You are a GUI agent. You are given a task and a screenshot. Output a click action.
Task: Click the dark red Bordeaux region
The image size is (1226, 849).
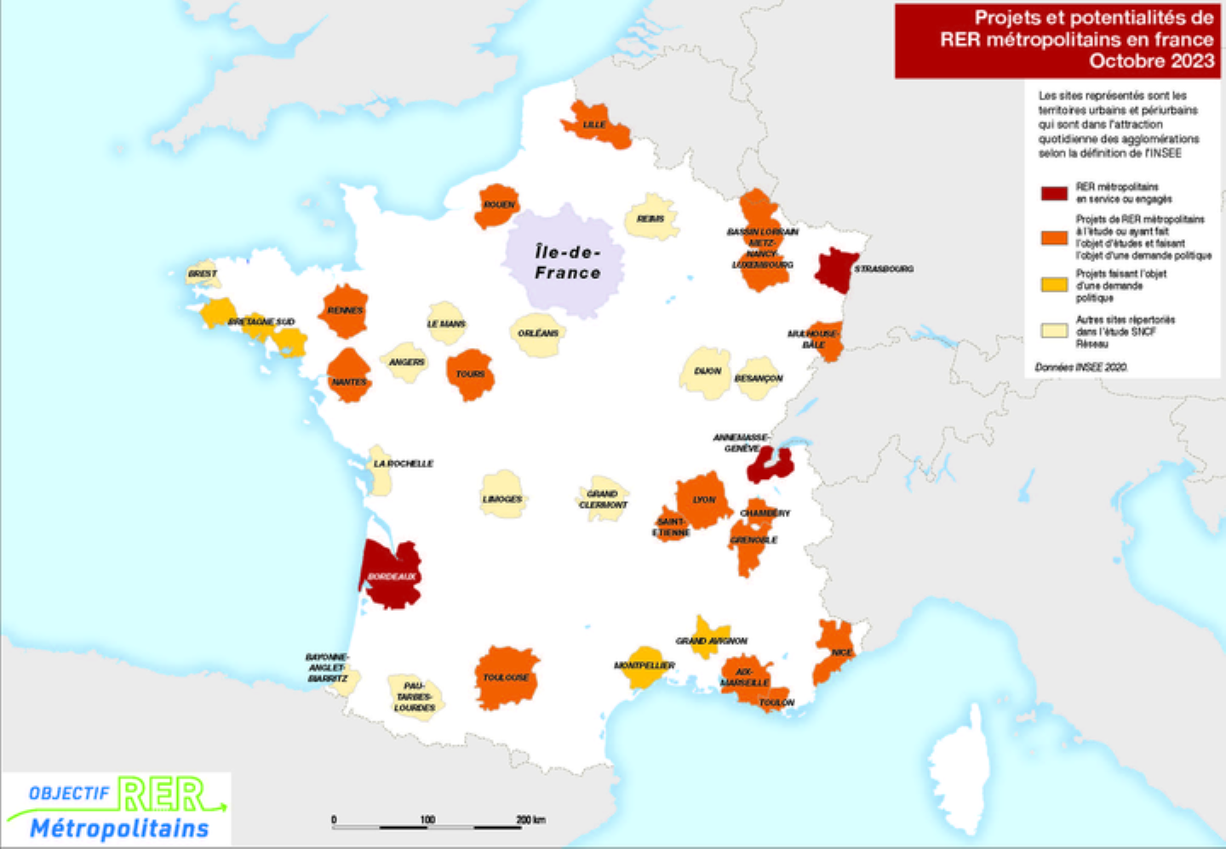[390, 578]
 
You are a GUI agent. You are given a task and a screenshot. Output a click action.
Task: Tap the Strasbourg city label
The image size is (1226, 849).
[884, 269]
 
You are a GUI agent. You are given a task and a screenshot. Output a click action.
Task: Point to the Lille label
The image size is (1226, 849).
[594, 125]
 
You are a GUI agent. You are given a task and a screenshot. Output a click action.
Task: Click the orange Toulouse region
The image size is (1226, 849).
[506, 678]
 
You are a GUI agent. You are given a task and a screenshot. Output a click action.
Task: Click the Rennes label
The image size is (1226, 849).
[345, 311]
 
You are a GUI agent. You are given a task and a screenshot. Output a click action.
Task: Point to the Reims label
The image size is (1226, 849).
[650, 219]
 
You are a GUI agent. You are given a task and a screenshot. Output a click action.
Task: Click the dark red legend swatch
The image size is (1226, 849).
[1054, 193]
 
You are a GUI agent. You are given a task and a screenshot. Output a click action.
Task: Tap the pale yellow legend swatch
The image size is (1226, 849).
[1054, 331]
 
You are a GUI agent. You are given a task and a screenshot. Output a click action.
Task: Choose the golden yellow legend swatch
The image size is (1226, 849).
[1054, 284]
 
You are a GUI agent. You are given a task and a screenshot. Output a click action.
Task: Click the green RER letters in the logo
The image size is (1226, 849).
[162, 795]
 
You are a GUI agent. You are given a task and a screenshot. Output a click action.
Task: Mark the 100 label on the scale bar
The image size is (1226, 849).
[427, 819]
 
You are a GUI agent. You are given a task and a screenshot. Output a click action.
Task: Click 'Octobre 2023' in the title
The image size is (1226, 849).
[1151, 61]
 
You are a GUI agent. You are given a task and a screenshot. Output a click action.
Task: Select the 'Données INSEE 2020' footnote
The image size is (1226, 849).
[1080, 368]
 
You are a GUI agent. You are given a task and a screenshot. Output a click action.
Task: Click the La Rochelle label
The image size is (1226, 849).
[404, 464]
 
